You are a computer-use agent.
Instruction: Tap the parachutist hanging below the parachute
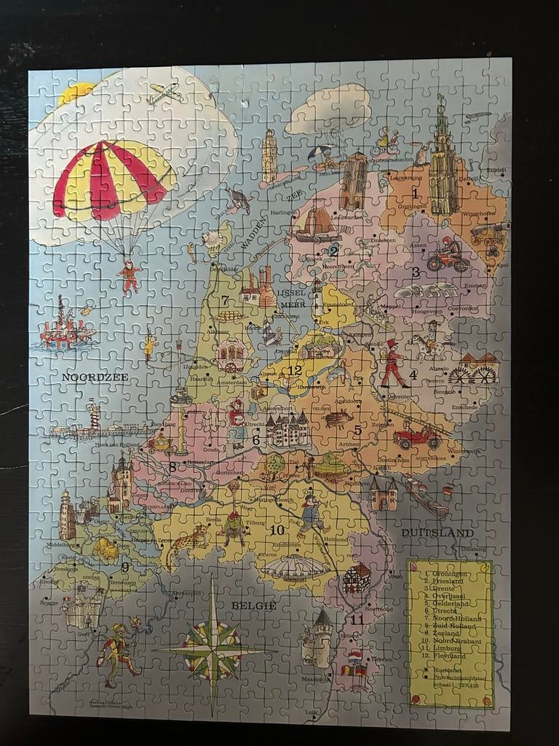[x=130, y=275]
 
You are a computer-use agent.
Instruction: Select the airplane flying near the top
[x=164, y=93]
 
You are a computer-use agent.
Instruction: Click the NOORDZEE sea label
[x=95, y=377]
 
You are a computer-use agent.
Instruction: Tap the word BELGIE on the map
[x=253, y=605]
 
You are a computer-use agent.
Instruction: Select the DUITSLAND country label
[x=437, y=533]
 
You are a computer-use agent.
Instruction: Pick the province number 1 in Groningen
[x=415, y=194]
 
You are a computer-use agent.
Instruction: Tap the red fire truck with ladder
[x=417, y=436]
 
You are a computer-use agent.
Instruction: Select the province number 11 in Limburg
[x=356, y=621]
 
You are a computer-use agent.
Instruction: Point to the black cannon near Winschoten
[x=488, y=233]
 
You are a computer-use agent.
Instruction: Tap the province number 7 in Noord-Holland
[x=226, y=299]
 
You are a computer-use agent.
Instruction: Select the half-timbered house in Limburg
[x=357, y=578]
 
